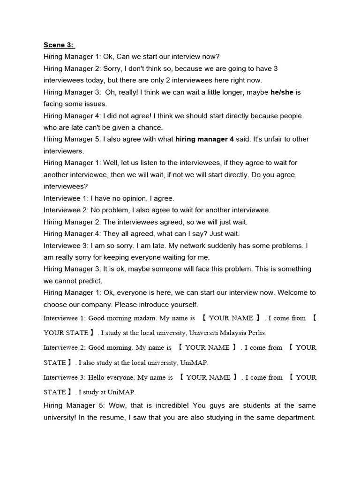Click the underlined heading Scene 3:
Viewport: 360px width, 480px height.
pos(59,45)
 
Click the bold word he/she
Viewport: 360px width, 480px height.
pos(282,92)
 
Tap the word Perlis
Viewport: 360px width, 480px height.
pos(255,333)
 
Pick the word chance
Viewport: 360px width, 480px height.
pos(150,127)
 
